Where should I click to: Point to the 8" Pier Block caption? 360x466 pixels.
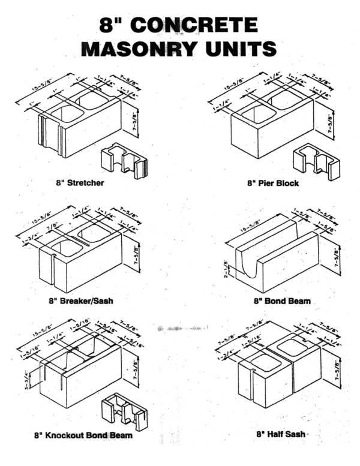[x=275, y=183]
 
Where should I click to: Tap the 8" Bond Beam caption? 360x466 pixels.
[x=282, y=300]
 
